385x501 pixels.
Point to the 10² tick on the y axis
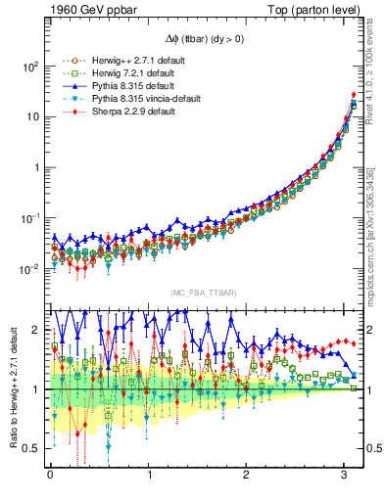30,67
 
